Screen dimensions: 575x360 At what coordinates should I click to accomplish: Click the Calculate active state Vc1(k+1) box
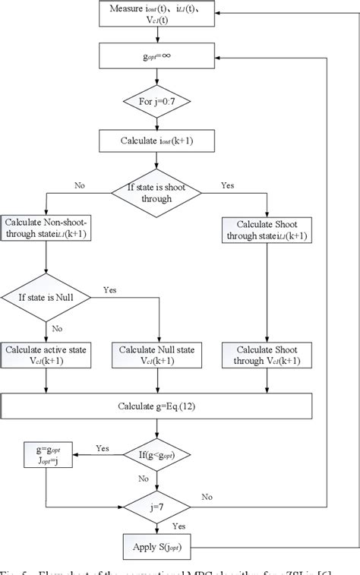[46, 355]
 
